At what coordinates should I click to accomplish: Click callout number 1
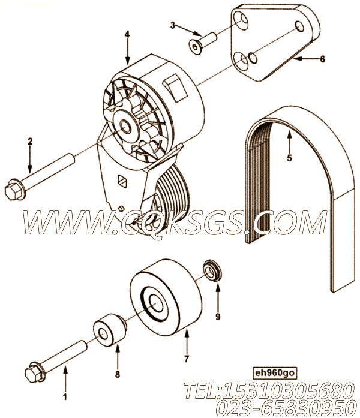65,396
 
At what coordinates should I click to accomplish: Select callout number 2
30,142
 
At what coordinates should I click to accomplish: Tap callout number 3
173,25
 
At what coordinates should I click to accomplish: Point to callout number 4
127,34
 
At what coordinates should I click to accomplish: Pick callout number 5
289,158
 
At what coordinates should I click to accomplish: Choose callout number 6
322,59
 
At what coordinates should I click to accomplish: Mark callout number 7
187,359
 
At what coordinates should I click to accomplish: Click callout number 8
118,374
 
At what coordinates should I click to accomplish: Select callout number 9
218,317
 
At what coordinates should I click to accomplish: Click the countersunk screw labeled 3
202,43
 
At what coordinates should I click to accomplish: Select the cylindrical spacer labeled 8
109,330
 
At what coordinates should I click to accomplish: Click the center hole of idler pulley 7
156,303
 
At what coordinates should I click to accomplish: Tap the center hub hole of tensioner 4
125,126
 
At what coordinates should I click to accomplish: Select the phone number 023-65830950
287,408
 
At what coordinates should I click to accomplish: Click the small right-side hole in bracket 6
299,26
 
